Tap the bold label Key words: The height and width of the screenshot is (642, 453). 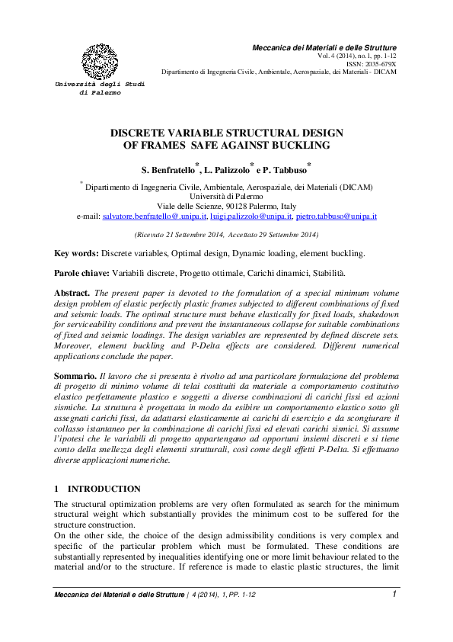(76, 252)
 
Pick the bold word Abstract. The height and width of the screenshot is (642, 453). (72, 292)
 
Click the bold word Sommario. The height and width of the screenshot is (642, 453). (75, 377)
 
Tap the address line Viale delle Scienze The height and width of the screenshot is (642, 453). (226, 207)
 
